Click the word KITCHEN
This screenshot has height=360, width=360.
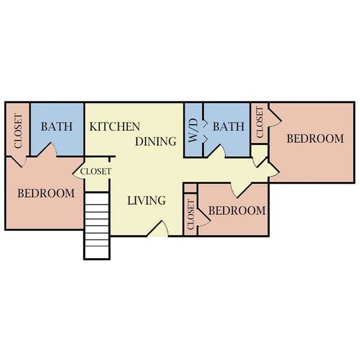(115, 126)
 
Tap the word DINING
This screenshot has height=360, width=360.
(156, 141)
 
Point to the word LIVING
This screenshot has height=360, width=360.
(146, 200)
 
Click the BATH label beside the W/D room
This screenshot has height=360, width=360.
(228, 126)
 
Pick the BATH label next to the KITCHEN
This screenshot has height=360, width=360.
(56, 126)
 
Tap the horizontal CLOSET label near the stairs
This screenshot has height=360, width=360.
(96, 172)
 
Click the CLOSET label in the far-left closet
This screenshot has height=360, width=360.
(17, 131)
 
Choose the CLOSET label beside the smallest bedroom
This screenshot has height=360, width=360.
(191, 215)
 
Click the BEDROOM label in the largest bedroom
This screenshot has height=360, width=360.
(315, 138)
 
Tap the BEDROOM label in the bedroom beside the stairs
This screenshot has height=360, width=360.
(46, 193)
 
